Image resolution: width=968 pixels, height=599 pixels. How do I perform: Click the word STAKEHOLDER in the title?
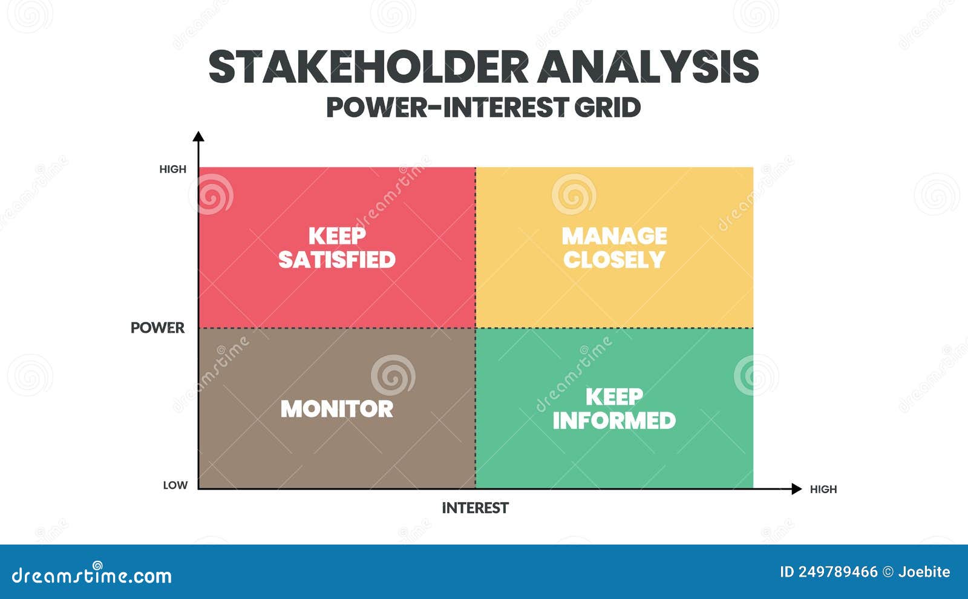(368, 67)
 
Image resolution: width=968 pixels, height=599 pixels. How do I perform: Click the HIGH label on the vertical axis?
(173, 169)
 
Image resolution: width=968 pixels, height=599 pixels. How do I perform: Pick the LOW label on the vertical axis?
(175, 485)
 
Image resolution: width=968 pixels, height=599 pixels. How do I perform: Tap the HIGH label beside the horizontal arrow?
(823, 489)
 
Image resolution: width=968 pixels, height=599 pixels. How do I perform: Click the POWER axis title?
(157, 327)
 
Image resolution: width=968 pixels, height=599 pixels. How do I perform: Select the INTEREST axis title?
(475, 508)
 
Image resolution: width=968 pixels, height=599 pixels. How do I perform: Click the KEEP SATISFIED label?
(337, 247)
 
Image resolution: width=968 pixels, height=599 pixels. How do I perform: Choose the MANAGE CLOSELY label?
(614, 247)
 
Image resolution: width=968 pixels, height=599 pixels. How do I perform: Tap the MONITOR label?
(337, 409)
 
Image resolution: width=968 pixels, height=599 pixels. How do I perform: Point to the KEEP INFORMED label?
(614, 408)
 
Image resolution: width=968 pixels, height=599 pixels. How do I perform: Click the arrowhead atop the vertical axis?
(198, 136)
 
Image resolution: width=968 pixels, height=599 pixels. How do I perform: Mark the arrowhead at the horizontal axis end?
(797, 489)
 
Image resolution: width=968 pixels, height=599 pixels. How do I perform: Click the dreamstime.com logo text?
(91, 575)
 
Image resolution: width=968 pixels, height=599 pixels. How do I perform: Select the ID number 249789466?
(838, 572)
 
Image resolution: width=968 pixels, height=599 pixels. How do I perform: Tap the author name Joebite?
(924, 572)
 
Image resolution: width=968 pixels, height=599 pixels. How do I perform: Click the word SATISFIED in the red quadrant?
(337, 260)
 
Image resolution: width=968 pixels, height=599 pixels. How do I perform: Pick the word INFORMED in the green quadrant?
(614, 421)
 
